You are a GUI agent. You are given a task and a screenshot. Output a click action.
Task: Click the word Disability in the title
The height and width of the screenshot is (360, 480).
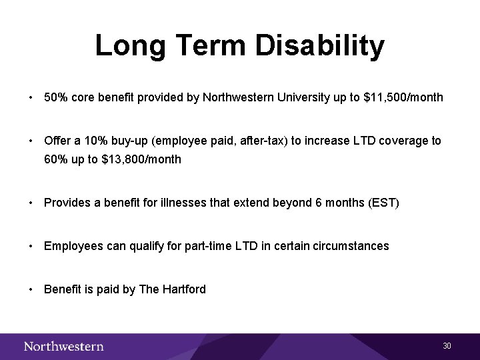tap(319, 46)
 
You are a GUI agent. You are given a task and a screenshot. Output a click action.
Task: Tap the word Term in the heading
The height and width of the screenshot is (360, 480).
tap(212, 46)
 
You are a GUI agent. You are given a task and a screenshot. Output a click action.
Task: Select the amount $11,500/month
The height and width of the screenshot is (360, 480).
tap(403, 97)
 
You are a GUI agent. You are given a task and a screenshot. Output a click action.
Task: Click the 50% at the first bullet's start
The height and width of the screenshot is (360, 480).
tap(55, 97)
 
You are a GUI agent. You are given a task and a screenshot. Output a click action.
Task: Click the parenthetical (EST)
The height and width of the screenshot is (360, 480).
tap(383, 203)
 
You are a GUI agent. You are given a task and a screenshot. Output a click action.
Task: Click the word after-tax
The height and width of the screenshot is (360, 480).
tap(243, 141)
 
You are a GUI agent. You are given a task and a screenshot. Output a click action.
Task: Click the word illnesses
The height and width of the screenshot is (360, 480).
tap(184, 203)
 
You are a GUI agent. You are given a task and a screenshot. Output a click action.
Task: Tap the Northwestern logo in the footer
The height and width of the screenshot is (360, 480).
tap(64, 346)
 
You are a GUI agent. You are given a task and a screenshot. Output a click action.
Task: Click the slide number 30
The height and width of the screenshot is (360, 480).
tap(447, 346)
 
